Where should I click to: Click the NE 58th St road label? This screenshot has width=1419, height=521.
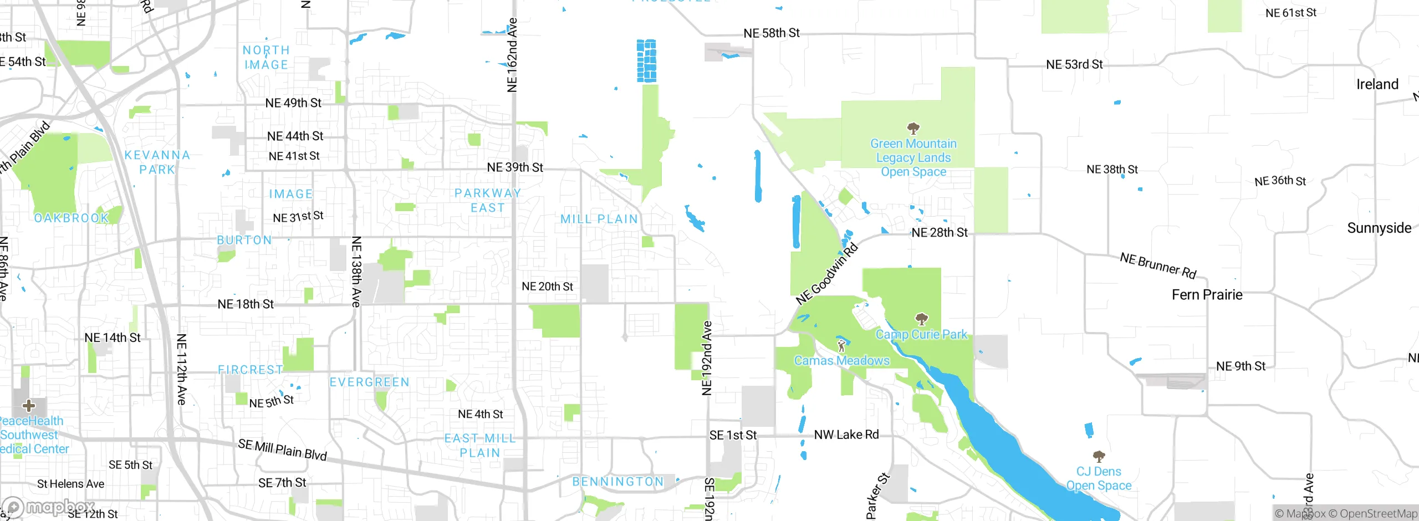point(771,33)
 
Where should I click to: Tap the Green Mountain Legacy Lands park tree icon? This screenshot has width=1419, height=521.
point(913,129)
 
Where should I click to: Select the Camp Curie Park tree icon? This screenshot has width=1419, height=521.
point(921,319)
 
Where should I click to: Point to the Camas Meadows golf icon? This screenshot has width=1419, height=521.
point(841,345)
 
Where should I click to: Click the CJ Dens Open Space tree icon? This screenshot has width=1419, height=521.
point(1099,456)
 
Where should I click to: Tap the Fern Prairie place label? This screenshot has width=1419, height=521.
point(1207,295)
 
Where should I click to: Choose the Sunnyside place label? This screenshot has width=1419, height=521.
point(1379,228)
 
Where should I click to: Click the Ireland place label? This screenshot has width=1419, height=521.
point(1377,84)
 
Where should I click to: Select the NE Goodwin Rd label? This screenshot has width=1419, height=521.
point(826,274)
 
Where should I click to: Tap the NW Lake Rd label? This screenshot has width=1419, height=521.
point(846,435)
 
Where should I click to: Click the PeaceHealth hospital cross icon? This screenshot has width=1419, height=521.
point(29,406)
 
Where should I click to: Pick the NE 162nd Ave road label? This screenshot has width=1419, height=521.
point(512,55)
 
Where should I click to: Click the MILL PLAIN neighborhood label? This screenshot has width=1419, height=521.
point(599,219)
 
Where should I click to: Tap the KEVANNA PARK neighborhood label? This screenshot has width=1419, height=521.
point(157,162)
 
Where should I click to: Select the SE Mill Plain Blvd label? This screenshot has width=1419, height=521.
point(282,450)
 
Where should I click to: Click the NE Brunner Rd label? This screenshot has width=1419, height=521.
point(1158,265)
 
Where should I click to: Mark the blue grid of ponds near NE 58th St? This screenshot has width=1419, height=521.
point(646,61)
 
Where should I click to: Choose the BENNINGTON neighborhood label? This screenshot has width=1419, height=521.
point(617,482)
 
